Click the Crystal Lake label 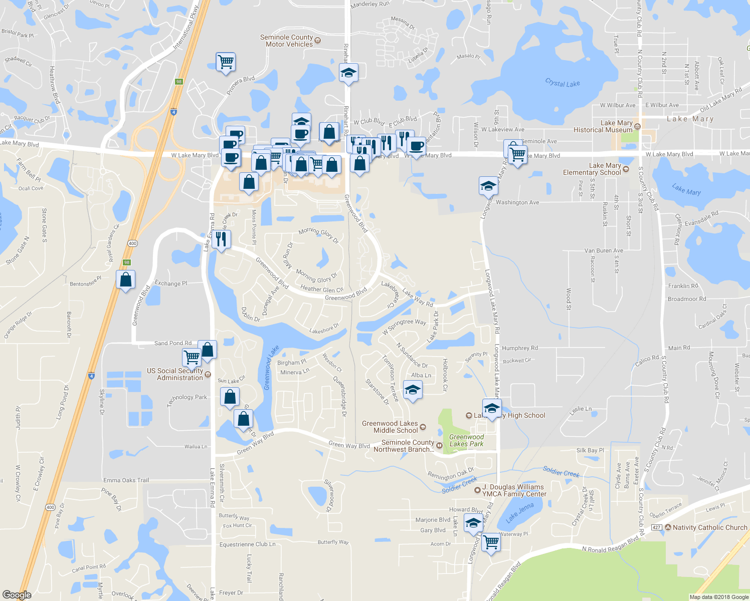pyautogui.click(x=562, y=83)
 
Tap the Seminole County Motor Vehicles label pyautogui.click(x=287, y=41)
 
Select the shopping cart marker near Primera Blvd pyautogui.click(x=226, y=62)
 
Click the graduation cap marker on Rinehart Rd pyautogui.click(x=348, y=73)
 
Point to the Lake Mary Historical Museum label pyautogui.click(x=603, y=126)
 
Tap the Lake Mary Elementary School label pyautogui.click(x=592, y=169)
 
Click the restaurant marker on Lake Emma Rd pyautogui.click(x=221, y=239)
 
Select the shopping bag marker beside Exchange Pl pyautogui.click(x=125, y=279)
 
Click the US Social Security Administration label pyautogui.click(x=175, y=374)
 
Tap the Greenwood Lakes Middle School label pyautogui.click(x=390, y=427)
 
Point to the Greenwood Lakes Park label pyautogui.click(x=466, y=440)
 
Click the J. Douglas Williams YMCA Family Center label pyautogui.click(x=514, y=490)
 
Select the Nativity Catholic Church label pyautogui.click(x=710, y=527)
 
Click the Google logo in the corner pyautogui.click(x=17, y=595)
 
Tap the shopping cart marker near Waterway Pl pyautogui.click(x=491, y=541)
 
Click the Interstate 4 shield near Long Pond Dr pyautogui.click(x=91, y=375)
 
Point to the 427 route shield pyautogui.click(x=656, y=527)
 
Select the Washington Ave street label pyautogui.click(x=517, y=202)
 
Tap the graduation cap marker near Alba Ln pyautogui.click(x=412, y=390)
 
